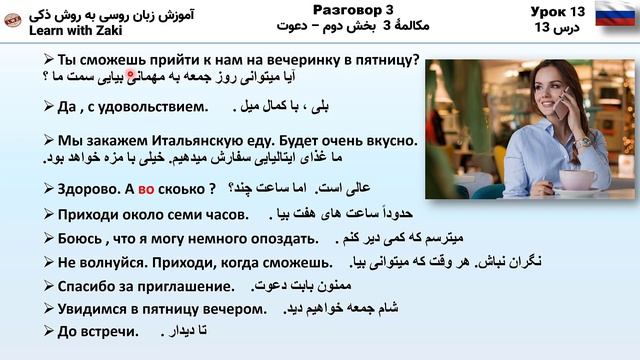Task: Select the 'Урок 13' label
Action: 548,10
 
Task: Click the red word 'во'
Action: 147,188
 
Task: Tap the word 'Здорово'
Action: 90,188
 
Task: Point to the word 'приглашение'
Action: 188,287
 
